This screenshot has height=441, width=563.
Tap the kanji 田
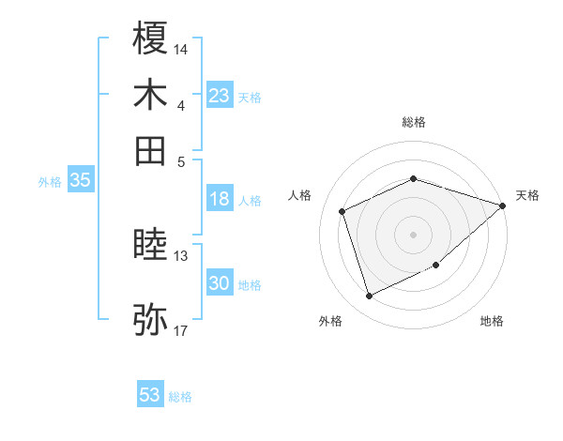click(x=151, y=150)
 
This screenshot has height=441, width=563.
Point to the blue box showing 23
click(x=220, y=96)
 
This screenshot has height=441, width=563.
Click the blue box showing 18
click(x=220, y=199)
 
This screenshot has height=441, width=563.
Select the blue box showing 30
click(x=220, y=283)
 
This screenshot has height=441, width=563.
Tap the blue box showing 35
click(x=80, y=181)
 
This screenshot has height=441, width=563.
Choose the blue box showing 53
click(x=150, y=395)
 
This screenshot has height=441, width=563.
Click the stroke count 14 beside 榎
click(x=181, y=47)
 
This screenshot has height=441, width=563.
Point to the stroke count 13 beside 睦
click(x=181, y=255)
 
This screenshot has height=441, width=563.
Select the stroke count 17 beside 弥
click(x=181, y=330)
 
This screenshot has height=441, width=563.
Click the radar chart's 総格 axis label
click(x=414, y=122)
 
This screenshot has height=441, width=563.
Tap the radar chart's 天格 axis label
click(x=527, y=195)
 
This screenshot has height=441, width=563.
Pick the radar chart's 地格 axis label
click(x=492, y=321)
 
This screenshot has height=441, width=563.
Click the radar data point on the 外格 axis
click(x=369, y=297)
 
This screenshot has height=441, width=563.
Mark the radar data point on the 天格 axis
click(x=503, y=205)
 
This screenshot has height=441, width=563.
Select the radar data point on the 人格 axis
click(x=342, y=211)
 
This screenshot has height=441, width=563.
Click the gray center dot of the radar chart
click(x=414, y=234)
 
